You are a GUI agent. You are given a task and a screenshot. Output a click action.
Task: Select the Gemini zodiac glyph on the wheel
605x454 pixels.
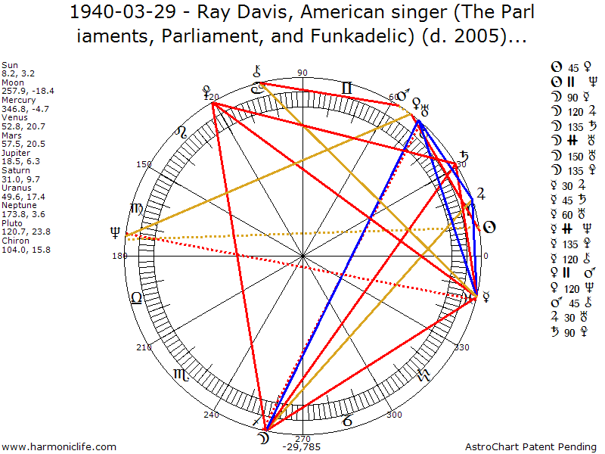(x=346, y=89)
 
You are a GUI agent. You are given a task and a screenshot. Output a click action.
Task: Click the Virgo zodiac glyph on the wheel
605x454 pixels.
(x=136, y=208)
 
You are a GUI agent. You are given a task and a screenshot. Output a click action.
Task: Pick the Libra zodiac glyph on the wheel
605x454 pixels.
(x=136, y=297)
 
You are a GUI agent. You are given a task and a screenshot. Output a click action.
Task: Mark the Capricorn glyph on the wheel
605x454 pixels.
(x=346, y=417)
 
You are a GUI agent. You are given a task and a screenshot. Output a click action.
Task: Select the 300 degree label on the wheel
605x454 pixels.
(x=394, y=415)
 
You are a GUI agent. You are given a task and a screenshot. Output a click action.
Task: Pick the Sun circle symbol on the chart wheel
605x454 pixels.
(x=489, y=226)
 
